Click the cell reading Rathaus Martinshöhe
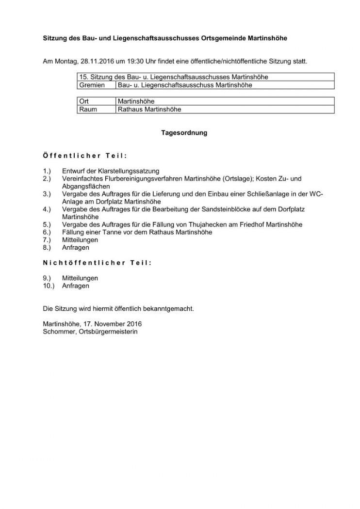149,109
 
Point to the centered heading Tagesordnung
184,132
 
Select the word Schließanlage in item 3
269,194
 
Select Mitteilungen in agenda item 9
80,278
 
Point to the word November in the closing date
109,323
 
